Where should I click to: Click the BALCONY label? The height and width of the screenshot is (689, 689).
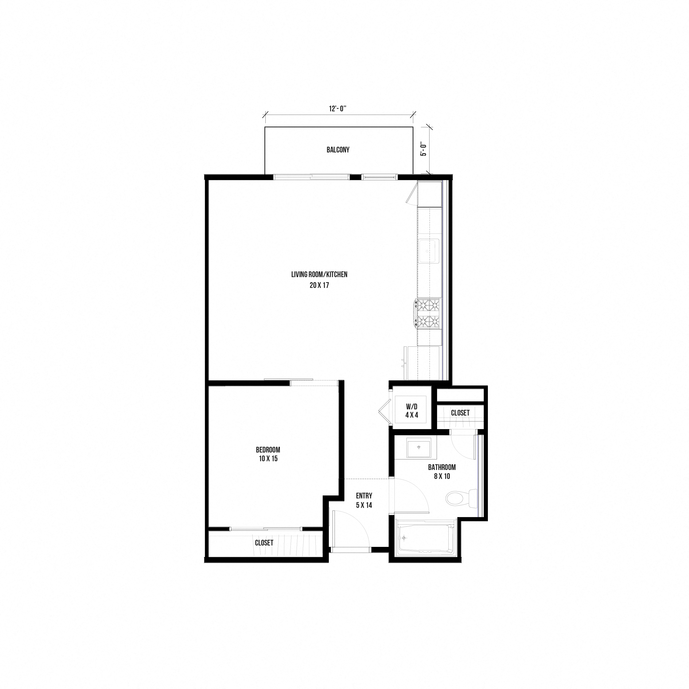point(338,150)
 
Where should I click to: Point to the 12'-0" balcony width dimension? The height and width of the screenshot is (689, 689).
point(338,109)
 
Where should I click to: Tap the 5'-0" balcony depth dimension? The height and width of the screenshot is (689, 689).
point(424,149)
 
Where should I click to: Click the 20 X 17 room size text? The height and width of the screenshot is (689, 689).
point(319,285)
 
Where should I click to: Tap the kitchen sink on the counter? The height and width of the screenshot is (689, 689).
point(428,251)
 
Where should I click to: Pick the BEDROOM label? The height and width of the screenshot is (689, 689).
point(268,450)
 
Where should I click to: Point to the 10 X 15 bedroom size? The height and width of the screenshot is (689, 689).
point(268,459)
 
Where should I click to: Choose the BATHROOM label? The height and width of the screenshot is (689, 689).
point(442,467)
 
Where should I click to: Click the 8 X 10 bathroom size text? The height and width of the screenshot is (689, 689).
point(442,476)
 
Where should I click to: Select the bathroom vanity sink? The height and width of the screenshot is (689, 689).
point(419,447)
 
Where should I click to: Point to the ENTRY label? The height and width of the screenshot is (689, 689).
point(364,496)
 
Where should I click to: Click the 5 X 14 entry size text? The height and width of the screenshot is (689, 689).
point(364,505)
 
